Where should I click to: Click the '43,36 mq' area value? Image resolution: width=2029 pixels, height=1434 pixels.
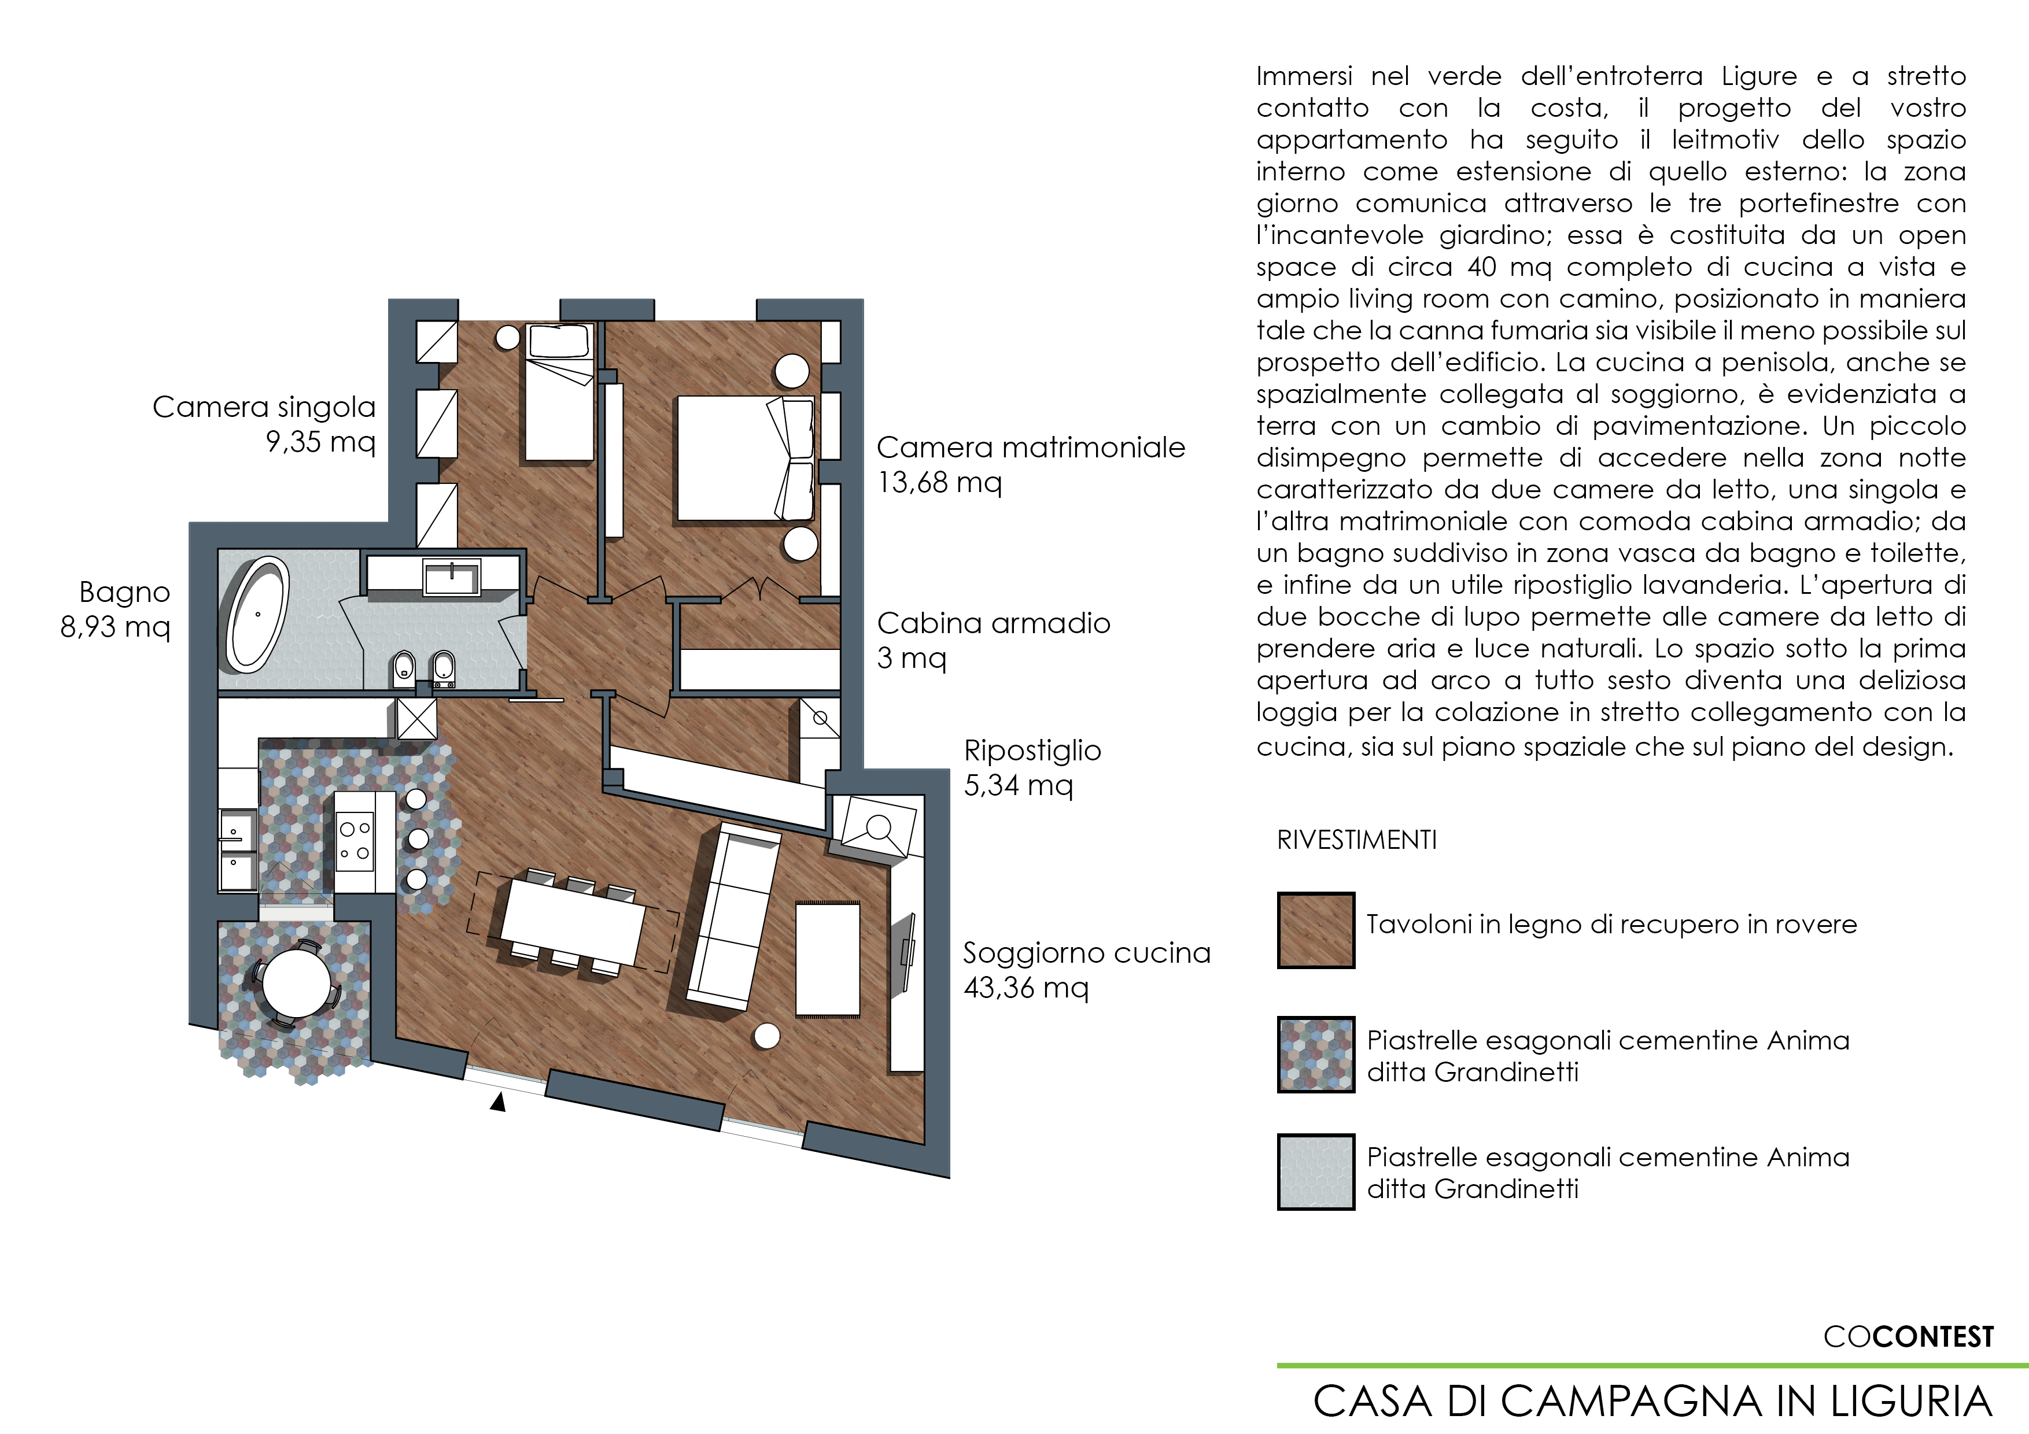pyautogui.click(x=1026, y=988)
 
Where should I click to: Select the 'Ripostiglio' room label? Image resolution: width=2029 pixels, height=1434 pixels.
pyautogui.click(x=1032, y=751)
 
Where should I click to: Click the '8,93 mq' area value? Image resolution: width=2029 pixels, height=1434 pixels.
pyautogui.click(x=115, y=626)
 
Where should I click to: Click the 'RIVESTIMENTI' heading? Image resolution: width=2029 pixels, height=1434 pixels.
pyautogui.click(x=1356, y=840)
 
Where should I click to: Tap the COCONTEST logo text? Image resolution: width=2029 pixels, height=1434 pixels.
pyautogui.click(x=1909, y=1337)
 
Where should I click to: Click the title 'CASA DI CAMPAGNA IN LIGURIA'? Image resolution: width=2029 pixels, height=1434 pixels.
pyautogui.click(x=1652, y=1401)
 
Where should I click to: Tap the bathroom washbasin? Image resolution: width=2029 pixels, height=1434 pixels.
pyautogui.click(x=452, y=579)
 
